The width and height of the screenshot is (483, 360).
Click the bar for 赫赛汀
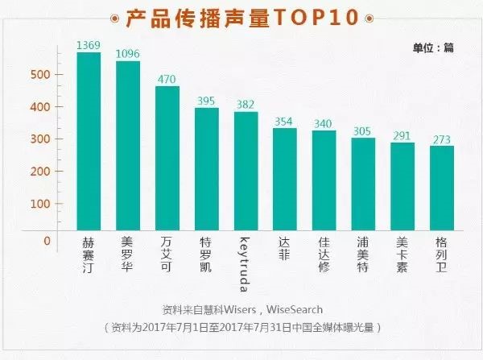(x=89, y=141)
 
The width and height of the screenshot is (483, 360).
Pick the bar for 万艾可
(x=167, y=158)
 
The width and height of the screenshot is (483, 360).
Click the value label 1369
(x=89, y=46)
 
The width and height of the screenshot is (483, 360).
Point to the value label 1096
(x=128, y=54)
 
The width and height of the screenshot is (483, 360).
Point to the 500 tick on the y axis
(x=41, y=75)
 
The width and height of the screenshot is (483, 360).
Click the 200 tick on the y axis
(x=41, y=172)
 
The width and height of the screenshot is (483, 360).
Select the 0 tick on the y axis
(x=47, y=241)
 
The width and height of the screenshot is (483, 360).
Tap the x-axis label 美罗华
(x=128, y=254)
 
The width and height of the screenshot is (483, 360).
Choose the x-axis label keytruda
(x=246, y=262)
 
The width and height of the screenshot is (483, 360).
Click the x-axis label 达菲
(x=286, y=248)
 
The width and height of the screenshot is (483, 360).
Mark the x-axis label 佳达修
(x=325, y=254)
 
